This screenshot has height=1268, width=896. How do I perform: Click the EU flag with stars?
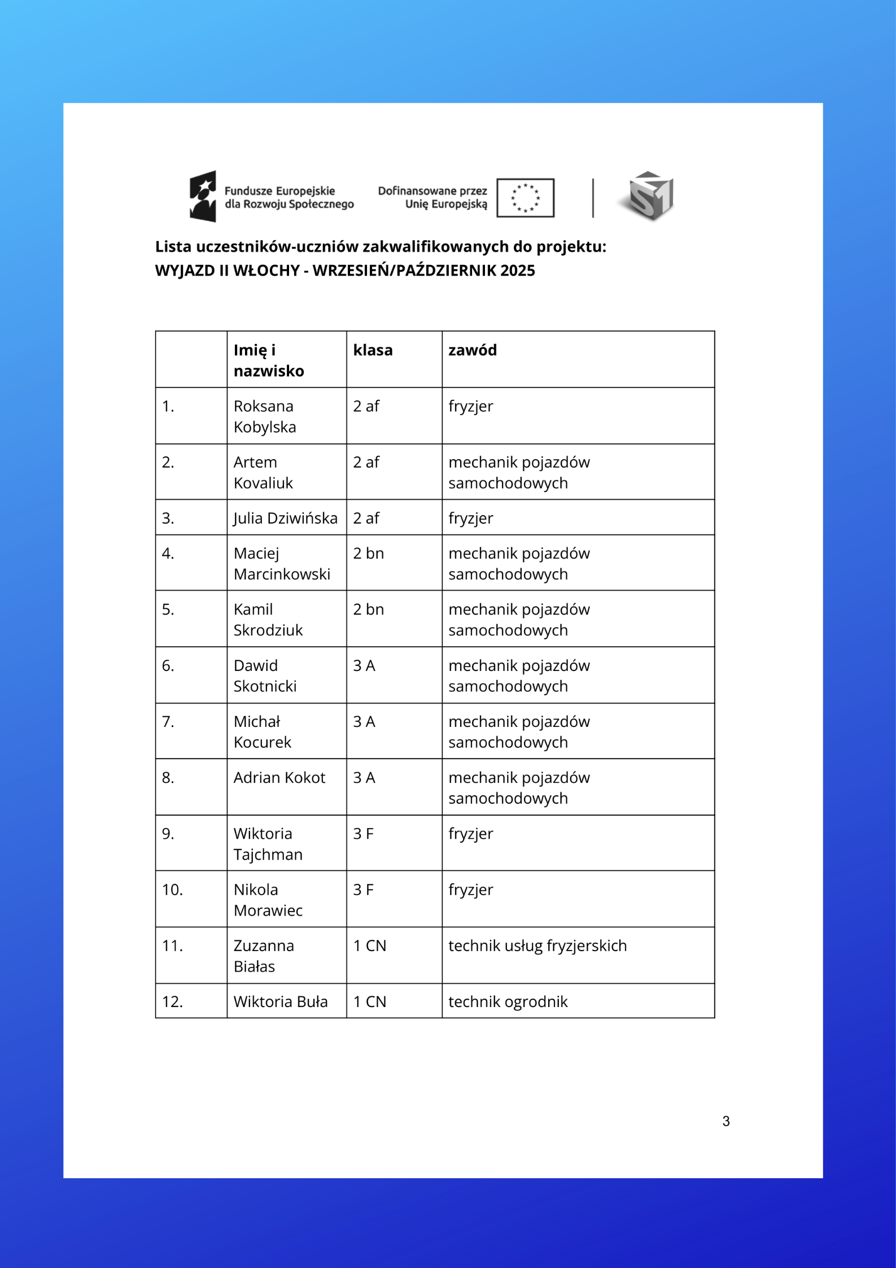(x=525, y=198)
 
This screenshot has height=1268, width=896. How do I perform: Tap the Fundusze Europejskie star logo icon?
(x=203, y=196)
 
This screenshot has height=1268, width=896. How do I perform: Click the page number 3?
(x=726, y=1121)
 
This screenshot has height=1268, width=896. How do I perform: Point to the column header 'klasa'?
(x=373, y=350)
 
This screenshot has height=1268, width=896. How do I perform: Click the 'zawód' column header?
(x=473, y=350)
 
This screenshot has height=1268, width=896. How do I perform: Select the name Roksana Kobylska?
(x=264, y=416)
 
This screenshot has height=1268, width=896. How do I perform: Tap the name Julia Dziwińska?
(x=285, y=518)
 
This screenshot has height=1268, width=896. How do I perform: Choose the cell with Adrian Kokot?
(x=279, y=778)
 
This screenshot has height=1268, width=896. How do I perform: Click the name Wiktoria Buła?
(x=281, y=1001)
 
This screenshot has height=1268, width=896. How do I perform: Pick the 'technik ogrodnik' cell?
(x=508, y=1001)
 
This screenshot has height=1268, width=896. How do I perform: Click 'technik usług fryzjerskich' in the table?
(x=537, y=945)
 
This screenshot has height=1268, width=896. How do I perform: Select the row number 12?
(x=172, y=1001)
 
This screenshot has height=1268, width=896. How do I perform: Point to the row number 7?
(x=168, y=722)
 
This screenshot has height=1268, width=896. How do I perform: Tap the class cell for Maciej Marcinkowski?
(x=369, y=554)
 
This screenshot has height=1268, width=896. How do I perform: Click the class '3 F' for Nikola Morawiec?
(x=364, y=890)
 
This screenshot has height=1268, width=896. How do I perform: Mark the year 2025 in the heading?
(x=517, y=271)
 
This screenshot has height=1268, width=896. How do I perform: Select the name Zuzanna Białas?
(x=263, y=956)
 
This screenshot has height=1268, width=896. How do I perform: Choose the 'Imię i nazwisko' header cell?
(x=269, y=360)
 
